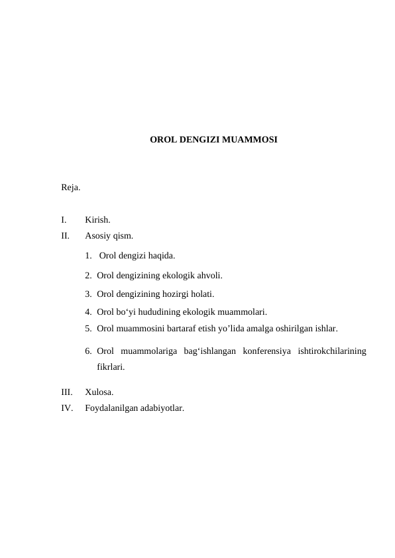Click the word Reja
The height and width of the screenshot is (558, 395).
point(71,188)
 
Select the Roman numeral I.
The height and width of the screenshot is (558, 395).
point(63,220)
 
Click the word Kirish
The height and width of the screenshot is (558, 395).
point(97,220)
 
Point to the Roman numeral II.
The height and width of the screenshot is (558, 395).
point(65,235)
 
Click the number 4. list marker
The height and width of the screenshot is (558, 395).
point(88,311)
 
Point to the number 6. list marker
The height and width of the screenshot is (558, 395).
point(88,351)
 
